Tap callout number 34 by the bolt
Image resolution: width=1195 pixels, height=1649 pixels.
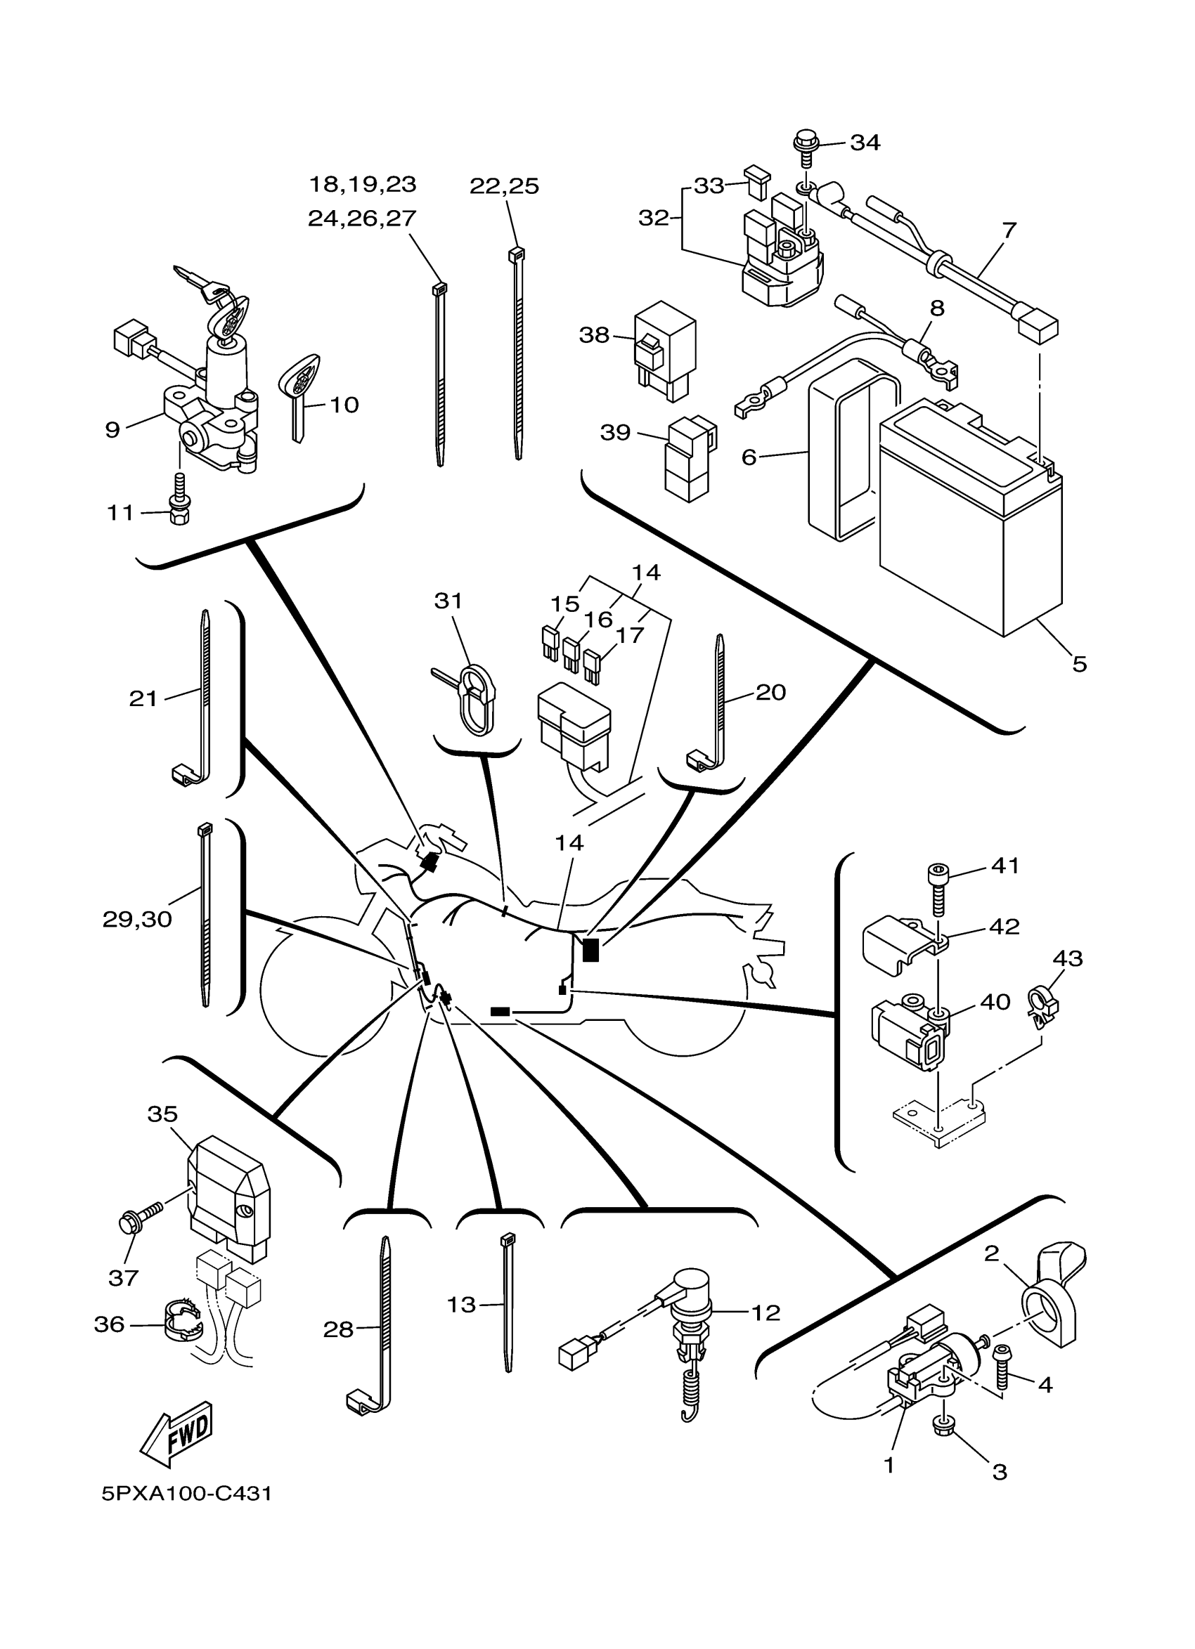pyautogui.click(x=865, y=143)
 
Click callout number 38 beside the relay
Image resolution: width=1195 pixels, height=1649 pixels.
pyautogui.click(x=593, y=335)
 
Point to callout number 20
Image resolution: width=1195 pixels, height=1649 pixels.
pyautogui.click(x=770, y=692)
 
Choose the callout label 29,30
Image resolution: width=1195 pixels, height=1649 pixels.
pyautogui.click(x=137, y=920)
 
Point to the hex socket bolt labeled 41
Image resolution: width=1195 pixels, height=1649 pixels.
pyautogui.click(x=938, y=883)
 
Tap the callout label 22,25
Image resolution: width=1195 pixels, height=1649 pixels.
pyautogui.click(x=504, y=186)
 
